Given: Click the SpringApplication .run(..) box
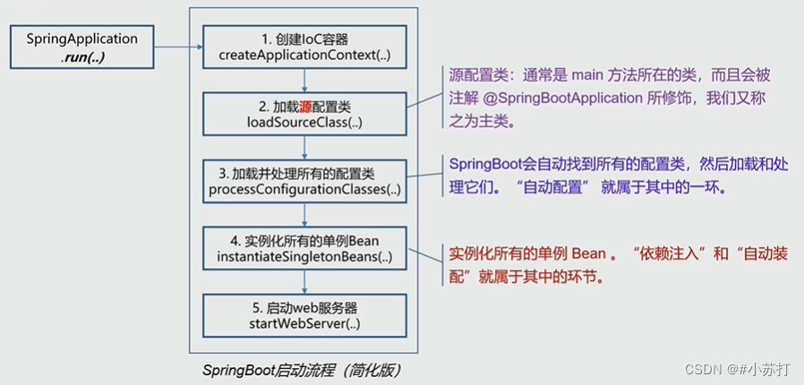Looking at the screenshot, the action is [82, 47].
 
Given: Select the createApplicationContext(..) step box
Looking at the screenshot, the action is [304, 47].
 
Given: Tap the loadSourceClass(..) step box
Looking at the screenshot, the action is [304, 114].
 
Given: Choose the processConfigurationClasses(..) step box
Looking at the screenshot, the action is [304, 181].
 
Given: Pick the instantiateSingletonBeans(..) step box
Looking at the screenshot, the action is [304, 248].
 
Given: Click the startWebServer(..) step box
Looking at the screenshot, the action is [304, 315].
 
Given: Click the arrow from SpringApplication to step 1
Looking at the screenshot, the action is [178, 47].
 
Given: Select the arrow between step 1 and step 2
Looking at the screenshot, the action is [304, 81].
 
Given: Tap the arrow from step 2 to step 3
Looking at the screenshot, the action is [304, 148].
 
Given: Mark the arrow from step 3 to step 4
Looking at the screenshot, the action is [304, 215].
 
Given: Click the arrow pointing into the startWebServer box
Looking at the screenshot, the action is [304, 282].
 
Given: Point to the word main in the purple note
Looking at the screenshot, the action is [586, 76].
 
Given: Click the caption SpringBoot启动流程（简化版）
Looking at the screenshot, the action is [302, 371].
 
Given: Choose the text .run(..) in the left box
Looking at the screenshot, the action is [82, 57].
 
